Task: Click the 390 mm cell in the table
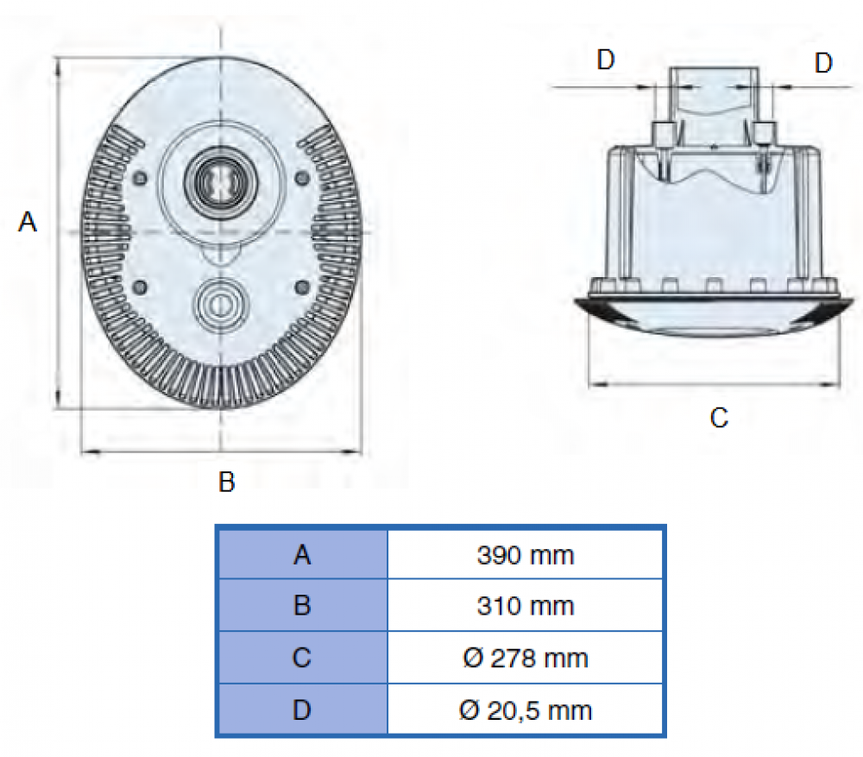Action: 525,555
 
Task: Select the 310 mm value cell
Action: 525,606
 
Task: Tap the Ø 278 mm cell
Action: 525,659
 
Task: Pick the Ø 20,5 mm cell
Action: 525,710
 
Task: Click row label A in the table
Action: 301,555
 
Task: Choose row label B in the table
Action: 301,606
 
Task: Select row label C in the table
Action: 301,659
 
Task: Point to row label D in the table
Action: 301,710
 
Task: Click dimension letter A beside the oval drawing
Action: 28,223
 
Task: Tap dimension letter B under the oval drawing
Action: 226,482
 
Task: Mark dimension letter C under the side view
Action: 718,419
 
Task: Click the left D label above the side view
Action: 606,61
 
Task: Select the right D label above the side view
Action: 824,63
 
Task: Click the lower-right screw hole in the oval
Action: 301,286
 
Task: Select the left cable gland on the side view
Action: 664,134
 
